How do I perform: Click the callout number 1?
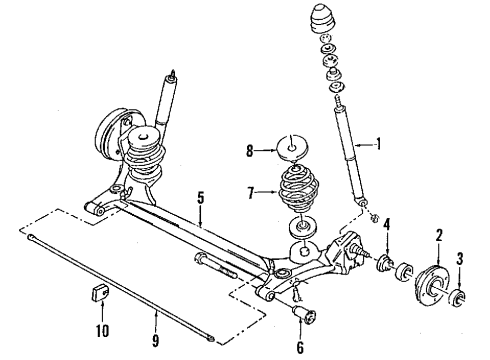click(x=379, y=143)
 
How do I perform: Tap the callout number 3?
click(x=461, y=260)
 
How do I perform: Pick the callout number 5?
click(x=200, y=199)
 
